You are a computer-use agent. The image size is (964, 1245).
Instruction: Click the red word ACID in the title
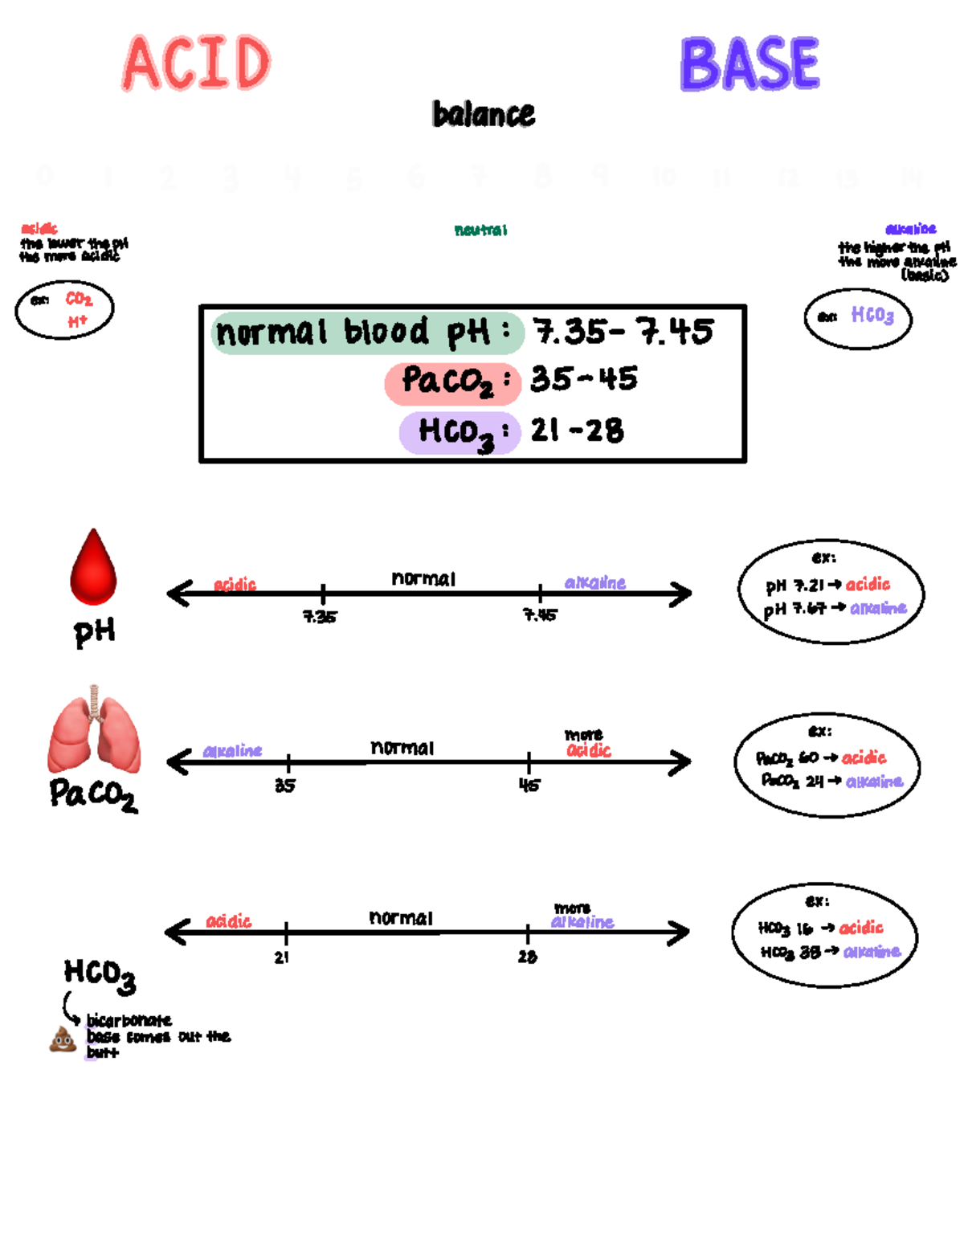point(197,63)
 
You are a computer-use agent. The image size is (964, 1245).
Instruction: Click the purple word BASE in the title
point(750,64)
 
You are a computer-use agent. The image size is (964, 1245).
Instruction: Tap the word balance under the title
point(484,115)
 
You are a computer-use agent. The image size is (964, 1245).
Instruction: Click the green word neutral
point(480,231)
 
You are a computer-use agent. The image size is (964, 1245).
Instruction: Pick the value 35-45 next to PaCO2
point(584,379)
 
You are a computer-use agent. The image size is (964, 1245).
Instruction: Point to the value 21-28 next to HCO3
point(577,431)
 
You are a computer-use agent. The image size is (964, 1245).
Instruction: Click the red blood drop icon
point(94,568)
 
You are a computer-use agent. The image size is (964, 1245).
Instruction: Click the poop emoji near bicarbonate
point(63,1039)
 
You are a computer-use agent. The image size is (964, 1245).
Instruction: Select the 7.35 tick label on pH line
point(320,617)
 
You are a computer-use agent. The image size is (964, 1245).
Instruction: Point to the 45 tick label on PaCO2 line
point(529,785)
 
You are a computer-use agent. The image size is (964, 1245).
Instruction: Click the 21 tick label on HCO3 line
point(281,957)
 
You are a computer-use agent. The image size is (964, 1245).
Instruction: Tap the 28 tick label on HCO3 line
point(527,957)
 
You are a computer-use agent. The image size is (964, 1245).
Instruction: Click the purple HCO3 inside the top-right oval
point(872,315)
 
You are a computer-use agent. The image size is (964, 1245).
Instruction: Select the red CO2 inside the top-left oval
point(79,300)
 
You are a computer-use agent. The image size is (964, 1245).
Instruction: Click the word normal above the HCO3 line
point(401,917)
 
